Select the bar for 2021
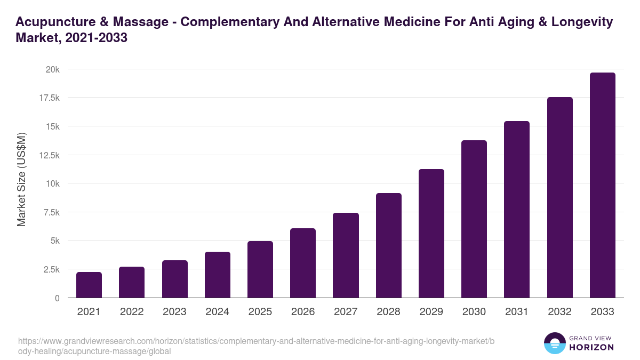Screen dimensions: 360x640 click(x=89, y=285)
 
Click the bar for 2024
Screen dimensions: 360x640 click(x=217, y=275)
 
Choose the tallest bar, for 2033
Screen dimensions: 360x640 click(x=602, y=185)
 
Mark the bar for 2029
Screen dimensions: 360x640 click(x=431, y=233)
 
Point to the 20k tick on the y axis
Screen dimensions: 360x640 click(x=52, y=69)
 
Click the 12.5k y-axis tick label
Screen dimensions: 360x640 click(x=49, y=155)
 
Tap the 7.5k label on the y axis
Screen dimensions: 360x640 click(x=51, y=212)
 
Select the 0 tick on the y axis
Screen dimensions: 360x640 click(x=57, y=298)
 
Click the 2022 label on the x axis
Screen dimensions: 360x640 click(x=132, y=312)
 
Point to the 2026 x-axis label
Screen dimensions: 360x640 click(x=303, y=312)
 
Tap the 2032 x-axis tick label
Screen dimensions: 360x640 click(x=559, y=312)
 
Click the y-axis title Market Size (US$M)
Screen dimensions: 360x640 click(x=21, y=179)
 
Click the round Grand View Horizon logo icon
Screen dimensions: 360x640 click(x=554, y=343)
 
